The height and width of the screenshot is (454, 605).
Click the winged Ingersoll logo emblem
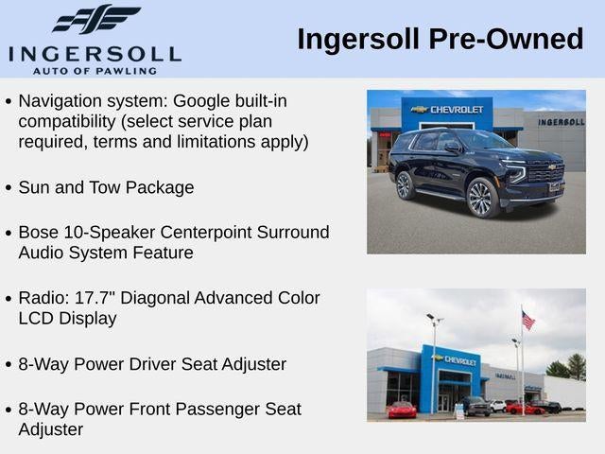96,18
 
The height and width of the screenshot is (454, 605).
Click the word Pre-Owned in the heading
506,39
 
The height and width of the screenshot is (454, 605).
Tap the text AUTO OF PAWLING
95,71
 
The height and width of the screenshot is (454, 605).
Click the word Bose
39,233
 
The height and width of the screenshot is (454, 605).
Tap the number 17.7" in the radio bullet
95,298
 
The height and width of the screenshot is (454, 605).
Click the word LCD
36,319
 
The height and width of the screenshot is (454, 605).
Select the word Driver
152,364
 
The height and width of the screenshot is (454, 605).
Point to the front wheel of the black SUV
482,198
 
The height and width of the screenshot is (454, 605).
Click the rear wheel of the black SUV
405,185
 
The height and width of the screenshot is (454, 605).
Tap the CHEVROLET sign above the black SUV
447,110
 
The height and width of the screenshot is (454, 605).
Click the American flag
527,320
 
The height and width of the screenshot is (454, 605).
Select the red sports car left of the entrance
402,410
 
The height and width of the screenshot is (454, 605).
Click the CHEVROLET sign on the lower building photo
456,360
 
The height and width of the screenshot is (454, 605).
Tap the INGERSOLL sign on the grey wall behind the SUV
562,122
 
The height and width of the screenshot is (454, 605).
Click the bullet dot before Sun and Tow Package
9,188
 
